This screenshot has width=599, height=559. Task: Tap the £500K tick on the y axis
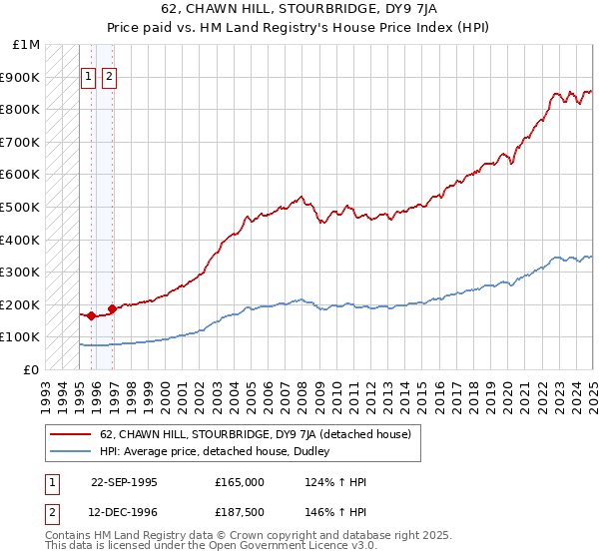point(21,207)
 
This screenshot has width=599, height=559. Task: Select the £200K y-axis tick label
point(21,304)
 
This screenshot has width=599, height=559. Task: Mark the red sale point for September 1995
point(91,315)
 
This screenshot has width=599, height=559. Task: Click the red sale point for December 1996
point(112,308)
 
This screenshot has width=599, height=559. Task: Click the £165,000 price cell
point(239,482)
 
